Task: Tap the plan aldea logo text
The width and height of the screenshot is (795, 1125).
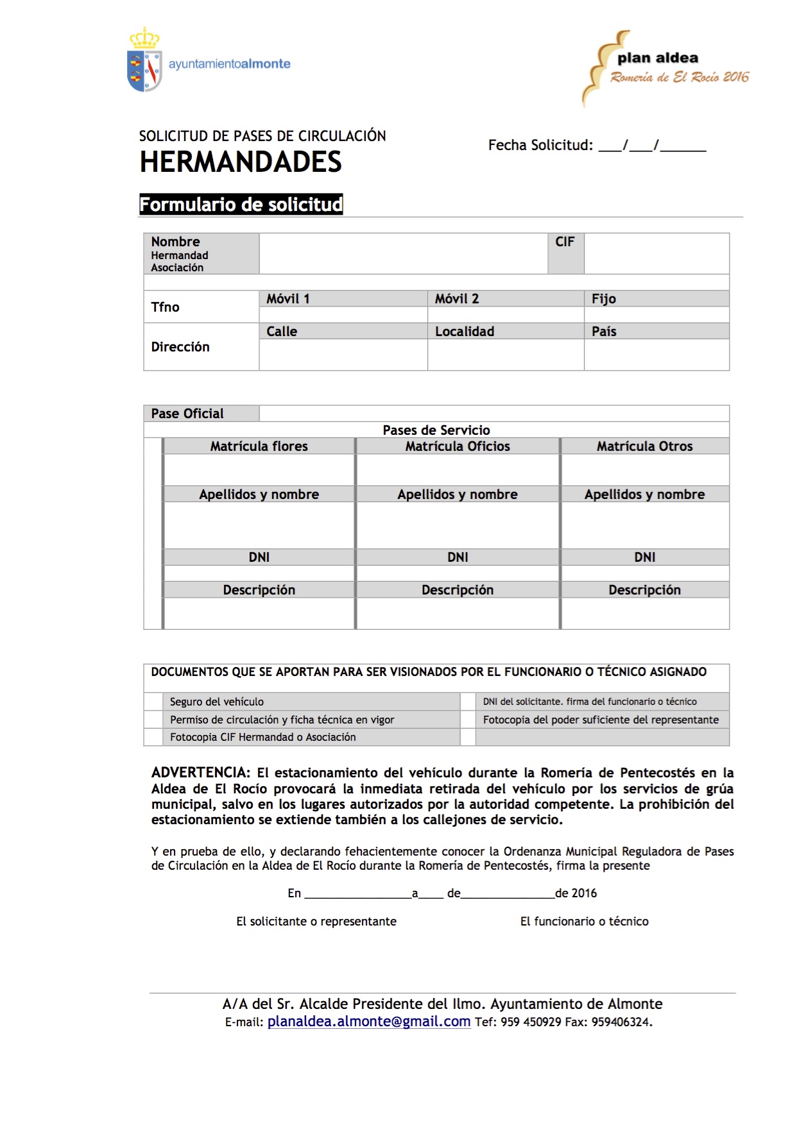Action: [658, 58]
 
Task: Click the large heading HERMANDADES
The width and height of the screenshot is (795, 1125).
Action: [241, 162]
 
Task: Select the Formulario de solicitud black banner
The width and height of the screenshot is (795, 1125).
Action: [241, 205]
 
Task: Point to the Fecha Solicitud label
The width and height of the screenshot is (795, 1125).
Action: [540, 146]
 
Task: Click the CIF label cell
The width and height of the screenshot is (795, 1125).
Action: [565, 242]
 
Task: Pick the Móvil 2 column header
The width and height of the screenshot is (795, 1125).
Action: [457, 299]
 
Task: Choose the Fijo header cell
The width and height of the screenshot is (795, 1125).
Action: [604, 299]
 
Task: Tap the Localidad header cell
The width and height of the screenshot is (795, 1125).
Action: [465, 332]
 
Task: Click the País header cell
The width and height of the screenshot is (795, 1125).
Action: [604, 332]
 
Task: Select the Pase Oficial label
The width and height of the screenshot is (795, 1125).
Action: [187, 414]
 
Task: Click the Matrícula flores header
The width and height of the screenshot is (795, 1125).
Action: [259, 446]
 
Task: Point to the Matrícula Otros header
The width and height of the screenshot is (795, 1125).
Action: [645, 446]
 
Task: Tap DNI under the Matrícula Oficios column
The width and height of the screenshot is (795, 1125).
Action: [457, 557]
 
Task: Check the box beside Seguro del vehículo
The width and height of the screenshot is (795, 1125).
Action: [153, 702]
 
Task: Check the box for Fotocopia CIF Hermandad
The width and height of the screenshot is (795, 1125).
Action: [153, 738]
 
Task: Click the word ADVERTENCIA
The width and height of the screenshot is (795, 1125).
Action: [200, 773]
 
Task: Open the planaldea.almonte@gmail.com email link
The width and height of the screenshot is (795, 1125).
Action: [369, 1022]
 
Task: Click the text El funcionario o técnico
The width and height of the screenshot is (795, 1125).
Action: [584, 922]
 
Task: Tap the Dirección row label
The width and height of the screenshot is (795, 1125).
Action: [180, 347]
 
